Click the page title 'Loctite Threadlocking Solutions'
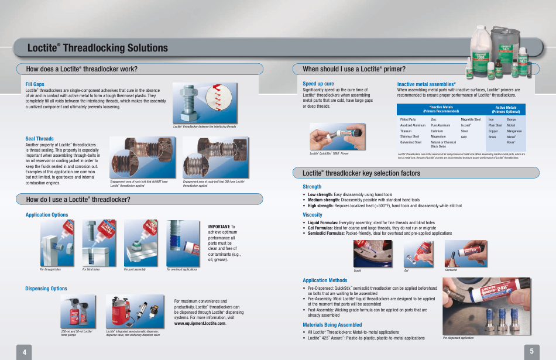[x=97, y=48]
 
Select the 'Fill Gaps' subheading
[x=35, y=85]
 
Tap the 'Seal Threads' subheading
[x=39, y=139]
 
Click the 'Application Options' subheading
[x=47, y=215]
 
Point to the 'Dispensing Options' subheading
[x=46, y=289]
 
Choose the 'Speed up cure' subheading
[x=318, y=84]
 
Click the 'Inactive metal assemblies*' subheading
[x=426, y=84]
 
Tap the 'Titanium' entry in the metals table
[x=407, y=131]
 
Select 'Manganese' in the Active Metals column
[x=514, y=131]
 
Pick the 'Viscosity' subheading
[x=313, y=215]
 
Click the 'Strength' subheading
[x=312, y=187]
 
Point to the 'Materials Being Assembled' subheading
[x=332, y=325]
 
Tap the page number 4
[x=25, y=352]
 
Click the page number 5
[x=531, y=351]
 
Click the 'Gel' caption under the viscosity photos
[x=406, y=270]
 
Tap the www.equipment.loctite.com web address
[x=200, y=323]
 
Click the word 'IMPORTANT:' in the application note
[x=219, y=226]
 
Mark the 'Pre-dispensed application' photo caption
[x=458, y=338]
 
